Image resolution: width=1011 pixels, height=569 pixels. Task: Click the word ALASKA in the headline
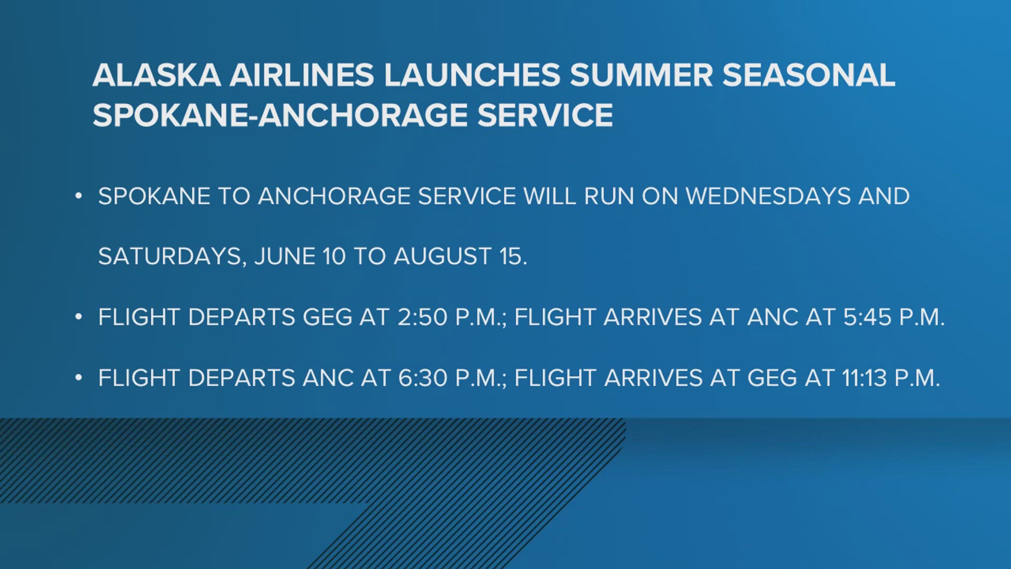(x=156, y=75)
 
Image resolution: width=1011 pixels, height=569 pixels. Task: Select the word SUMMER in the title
(x=641, y=75)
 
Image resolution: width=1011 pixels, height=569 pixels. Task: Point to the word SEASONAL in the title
(x=808, y=75)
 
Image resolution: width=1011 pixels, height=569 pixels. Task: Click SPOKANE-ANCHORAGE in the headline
(x=280, y=115)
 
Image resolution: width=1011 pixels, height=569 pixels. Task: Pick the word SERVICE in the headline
(x=545, y=115)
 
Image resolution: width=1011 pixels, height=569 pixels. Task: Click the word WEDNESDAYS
(x=768, y=197)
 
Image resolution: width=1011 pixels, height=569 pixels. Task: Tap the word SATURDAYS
(x=170, y=257)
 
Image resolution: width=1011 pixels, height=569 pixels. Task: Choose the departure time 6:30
(x=422, y=378)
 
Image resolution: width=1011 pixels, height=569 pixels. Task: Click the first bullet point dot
(x=78, y=197)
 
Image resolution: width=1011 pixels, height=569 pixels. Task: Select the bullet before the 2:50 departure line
(x=78, y=317)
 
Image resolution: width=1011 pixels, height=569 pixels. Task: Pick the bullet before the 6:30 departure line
(x=78, y=378)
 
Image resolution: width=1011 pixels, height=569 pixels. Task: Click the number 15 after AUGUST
(x=510, y=257)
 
